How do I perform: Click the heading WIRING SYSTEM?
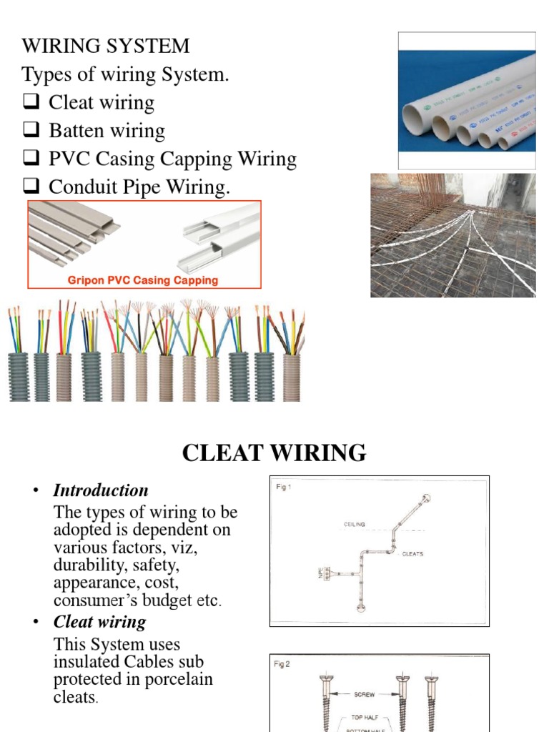(x=106, y=46)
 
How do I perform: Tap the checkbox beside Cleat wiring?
(x=31, y=102)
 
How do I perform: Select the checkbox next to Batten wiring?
(x=31, y=131)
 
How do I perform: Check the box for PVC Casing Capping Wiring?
(x=31, y=159)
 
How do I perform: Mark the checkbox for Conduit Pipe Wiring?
(x=31, y=187)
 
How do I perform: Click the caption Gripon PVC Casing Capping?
(x=143, y=280)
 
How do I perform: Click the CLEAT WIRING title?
(x=274, y=452)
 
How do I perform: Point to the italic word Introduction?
(x=101, y=490)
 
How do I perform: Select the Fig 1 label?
(x=284, y=487)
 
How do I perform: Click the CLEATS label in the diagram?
(x=412, y=554)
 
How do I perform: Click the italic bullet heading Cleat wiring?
(x=99, y=621)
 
